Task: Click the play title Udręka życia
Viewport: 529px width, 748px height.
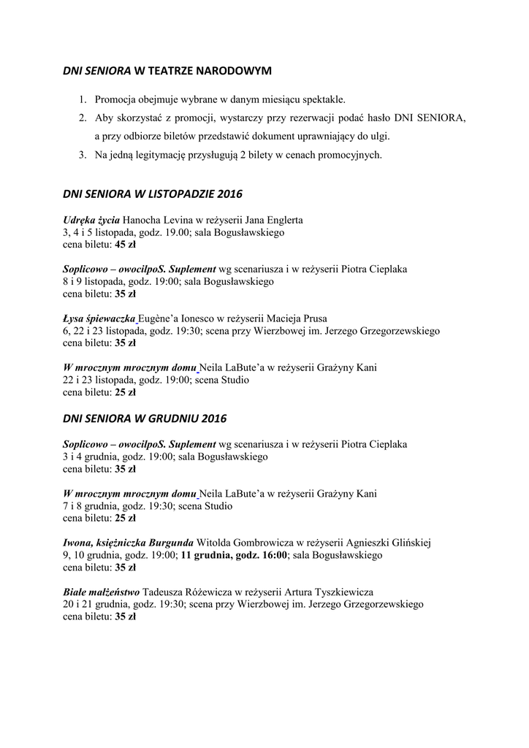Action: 91,220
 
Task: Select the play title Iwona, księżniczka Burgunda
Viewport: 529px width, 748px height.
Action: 129,543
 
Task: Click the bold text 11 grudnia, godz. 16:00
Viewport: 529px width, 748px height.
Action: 235,555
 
